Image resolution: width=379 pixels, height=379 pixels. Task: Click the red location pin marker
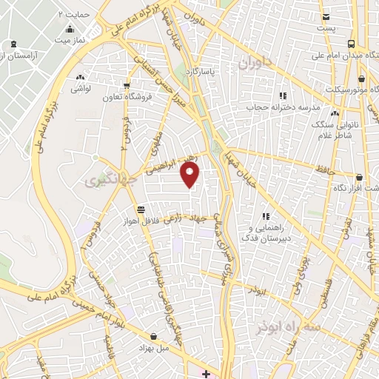pyautogui.click(x=191, y=175)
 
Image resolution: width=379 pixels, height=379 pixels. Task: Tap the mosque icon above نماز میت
pyautogui.click(x=70, y=29)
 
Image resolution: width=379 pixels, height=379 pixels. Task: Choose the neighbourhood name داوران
pyautogui.click(x=255, y=64)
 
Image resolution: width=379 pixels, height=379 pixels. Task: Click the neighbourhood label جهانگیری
pyautogui.click(x=101, y=180)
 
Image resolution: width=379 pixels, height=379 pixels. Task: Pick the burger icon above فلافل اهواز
pyautogui.click(x=141, y=209)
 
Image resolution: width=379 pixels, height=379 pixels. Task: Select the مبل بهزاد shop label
pyautogui.click(x=152, y=347)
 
